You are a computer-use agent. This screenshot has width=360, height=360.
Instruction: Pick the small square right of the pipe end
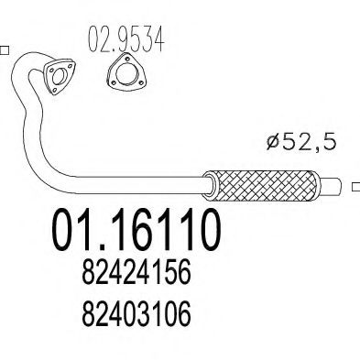[x=355, y=188]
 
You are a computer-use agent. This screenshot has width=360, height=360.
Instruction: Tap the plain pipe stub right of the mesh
[x=332, y=187]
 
